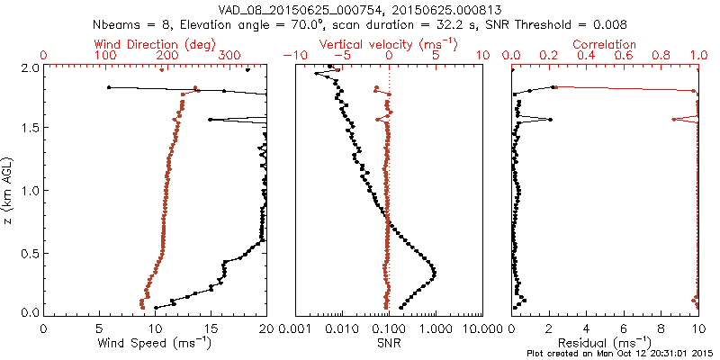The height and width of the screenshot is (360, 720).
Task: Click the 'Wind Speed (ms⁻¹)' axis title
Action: (x=155, y=343)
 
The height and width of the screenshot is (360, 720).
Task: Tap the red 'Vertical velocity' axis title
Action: (x=388, y=44)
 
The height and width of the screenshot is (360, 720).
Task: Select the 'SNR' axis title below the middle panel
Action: (x=388, y=343)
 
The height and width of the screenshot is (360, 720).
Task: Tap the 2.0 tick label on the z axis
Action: (x=29, y=67)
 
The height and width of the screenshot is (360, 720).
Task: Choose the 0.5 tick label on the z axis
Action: (x=29, y=252)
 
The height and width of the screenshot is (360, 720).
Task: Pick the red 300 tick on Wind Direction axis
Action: (x=229, y=56)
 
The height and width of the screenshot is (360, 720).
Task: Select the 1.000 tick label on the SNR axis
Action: (x=435, y=328)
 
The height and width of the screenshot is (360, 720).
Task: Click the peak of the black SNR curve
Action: (x=435, y=272)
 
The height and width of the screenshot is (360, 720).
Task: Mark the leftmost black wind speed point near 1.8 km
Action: (x=109, y=87)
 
